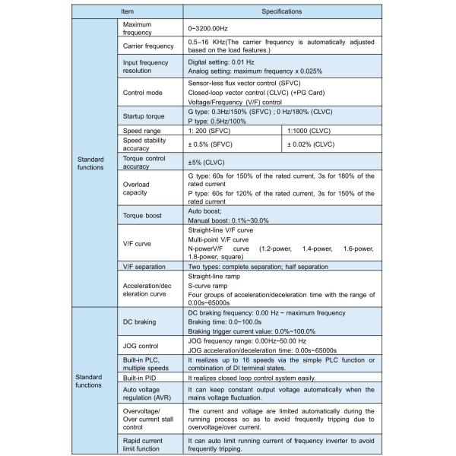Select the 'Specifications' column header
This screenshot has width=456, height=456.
282,12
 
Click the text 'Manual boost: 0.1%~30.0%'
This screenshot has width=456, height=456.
227,220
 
